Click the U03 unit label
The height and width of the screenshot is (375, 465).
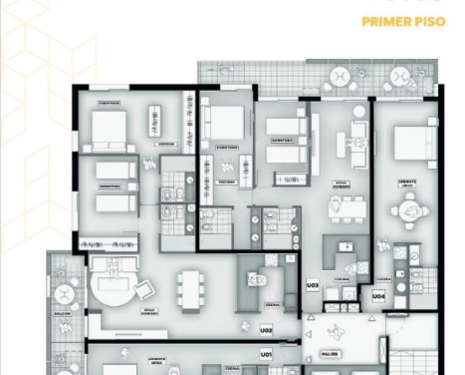tap(312, 285)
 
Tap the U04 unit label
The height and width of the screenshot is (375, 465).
tap(379, 296)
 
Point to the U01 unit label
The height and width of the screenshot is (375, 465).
tap(266, 355)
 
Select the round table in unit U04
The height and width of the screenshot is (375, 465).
tap(407, 211)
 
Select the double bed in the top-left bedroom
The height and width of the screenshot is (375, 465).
tap(109, 127)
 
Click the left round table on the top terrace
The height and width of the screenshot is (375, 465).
tap(339, 77)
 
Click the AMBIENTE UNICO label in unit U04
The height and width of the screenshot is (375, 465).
tap(407, 185)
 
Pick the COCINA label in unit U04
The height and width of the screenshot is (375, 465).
tap(383, 280)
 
